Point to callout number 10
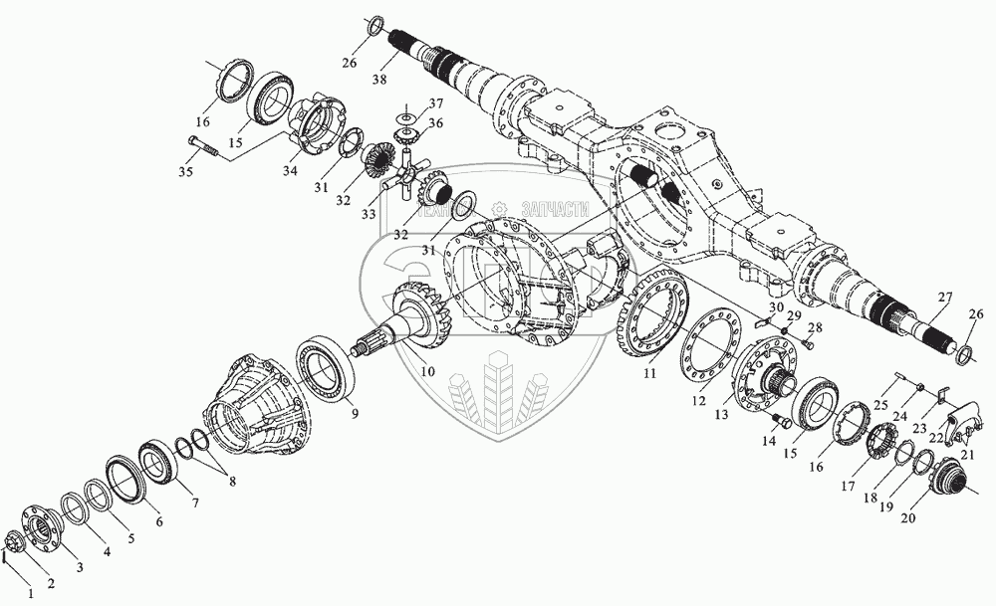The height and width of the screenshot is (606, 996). pos(427,370)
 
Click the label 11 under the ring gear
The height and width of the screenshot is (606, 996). pos(649,374)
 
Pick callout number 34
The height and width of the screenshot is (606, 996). pos(290,170)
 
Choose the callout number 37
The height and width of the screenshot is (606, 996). pos(436,104)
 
